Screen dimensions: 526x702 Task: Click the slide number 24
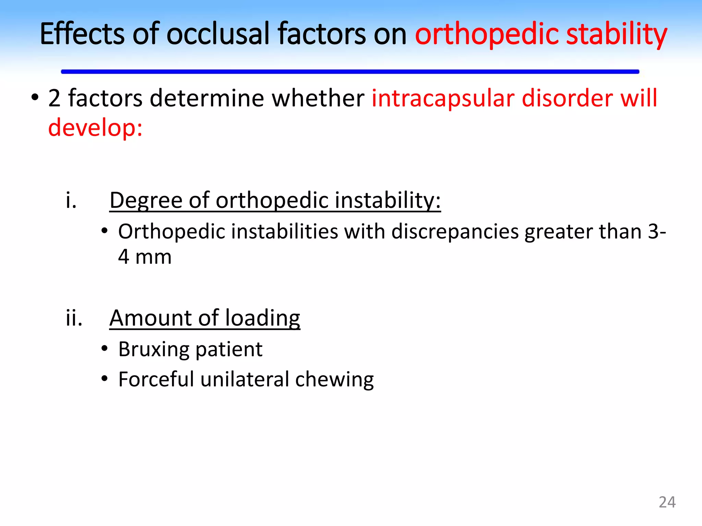(x=667, y=502)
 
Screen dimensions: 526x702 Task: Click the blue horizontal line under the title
(x=350, y=72)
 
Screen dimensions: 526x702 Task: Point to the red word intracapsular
(x=443, y=98)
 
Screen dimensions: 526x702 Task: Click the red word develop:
(x=95, y=127)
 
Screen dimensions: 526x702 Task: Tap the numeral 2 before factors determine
(x=54, y=98)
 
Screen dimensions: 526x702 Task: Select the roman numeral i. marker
(x=71, y=200)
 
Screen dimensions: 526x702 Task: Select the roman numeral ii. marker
(x=74, y=318)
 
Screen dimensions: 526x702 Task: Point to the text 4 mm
(x=145, y=257)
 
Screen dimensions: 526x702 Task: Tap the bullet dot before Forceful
(x=105, y=379)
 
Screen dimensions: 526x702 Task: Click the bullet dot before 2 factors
(x=35, y=98)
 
